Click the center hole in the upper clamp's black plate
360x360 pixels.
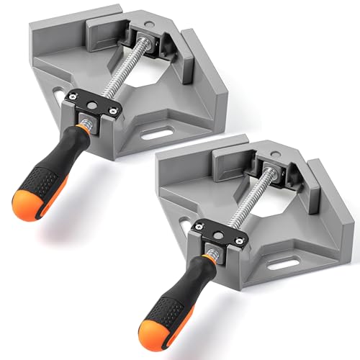pos(94,105)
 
